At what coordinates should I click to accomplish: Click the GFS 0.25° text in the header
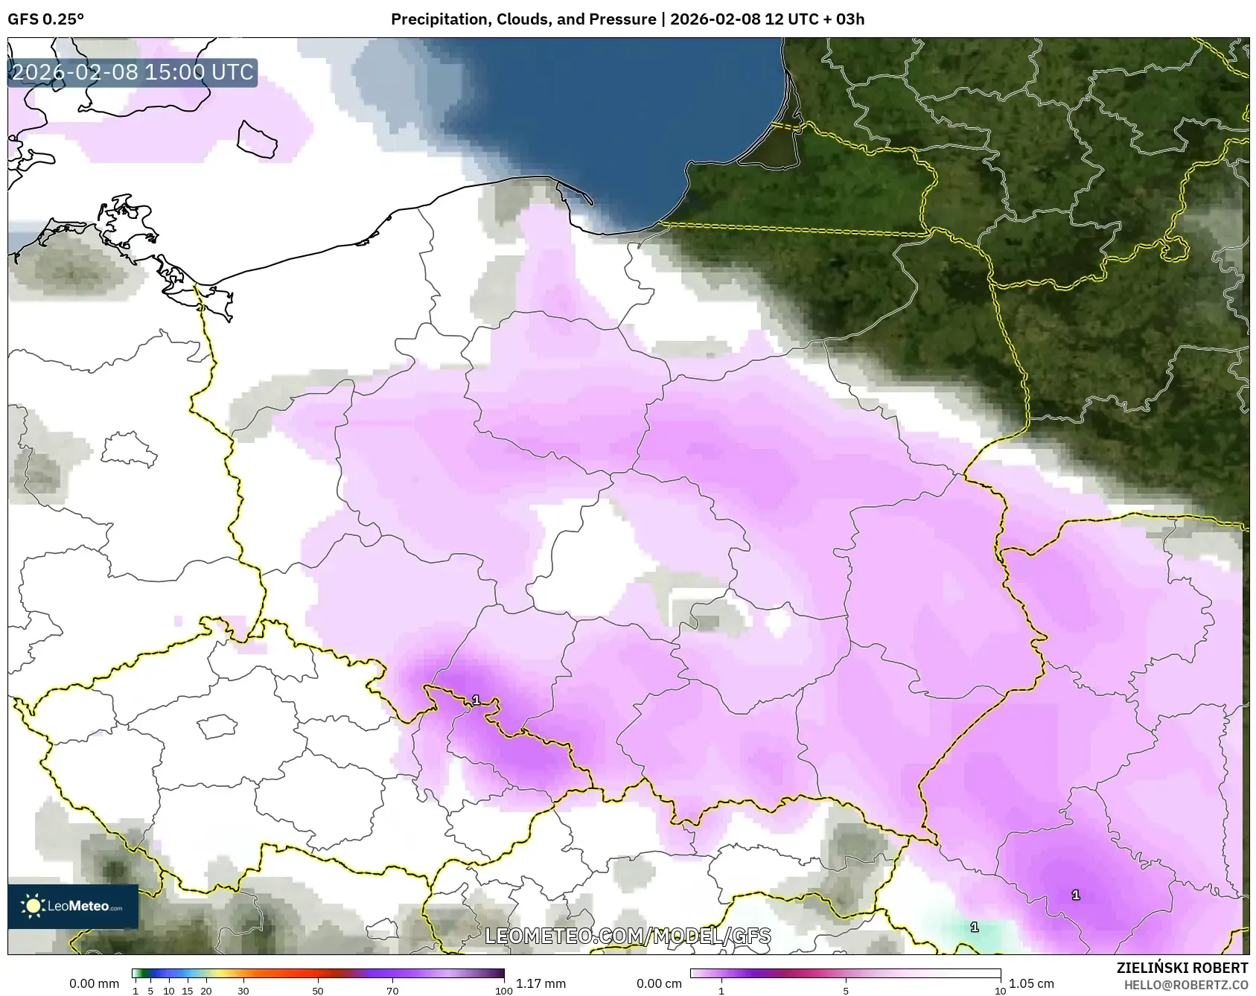45,19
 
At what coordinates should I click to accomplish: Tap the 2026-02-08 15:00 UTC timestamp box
133,72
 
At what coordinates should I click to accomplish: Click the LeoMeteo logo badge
73,906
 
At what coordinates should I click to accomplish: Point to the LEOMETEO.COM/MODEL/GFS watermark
628,936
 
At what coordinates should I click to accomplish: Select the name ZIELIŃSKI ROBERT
1182,968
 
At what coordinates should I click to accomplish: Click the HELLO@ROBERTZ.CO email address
1185,985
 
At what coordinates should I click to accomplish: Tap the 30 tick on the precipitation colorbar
243,991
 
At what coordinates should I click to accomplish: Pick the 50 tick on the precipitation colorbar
318,991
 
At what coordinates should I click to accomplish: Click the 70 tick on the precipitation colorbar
392,991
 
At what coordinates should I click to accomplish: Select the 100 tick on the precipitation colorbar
503,991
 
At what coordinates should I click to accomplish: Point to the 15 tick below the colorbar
188,991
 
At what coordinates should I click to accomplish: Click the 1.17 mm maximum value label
541,983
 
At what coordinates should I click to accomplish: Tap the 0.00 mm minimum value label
94,983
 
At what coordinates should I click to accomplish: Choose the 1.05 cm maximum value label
1031,983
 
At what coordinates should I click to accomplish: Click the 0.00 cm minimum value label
659,983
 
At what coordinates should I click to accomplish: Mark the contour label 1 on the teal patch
974,927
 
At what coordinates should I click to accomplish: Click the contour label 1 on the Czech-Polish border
476,700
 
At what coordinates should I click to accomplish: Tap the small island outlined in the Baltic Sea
257,139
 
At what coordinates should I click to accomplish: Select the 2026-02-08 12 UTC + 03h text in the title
767,19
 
